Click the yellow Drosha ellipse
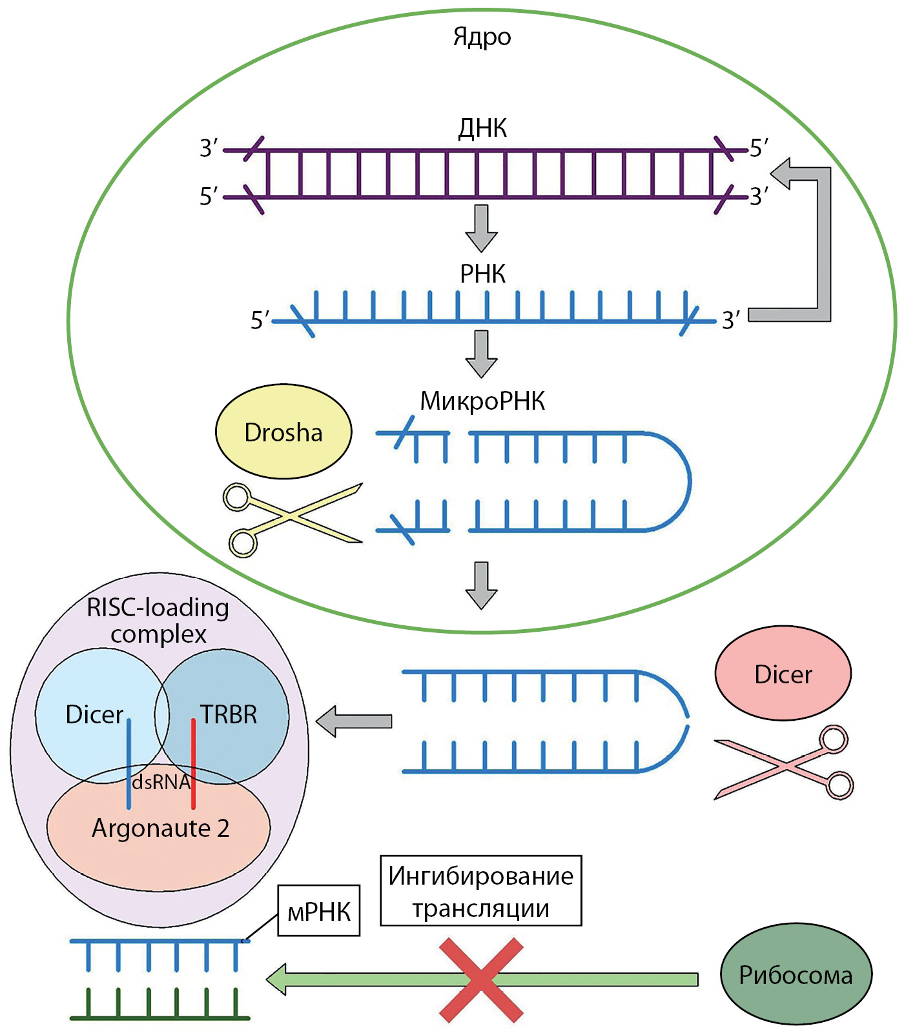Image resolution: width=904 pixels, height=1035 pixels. click(283, 432)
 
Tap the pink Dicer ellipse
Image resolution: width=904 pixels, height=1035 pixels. click(783, 674)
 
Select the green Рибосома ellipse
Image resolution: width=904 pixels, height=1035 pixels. click(796, 974)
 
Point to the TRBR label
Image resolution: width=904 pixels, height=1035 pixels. click(229, 714)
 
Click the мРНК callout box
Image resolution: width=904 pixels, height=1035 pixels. click(318, 911)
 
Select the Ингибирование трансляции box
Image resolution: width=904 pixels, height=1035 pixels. click(480, 891)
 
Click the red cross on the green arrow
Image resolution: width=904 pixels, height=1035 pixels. click(481, 980)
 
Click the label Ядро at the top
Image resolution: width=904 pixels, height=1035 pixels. click(482, 37)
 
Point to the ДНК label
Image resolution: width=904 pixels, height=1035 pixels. click(482, 128)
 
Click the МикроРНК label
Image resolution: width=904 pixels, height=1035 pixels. click(482, 401)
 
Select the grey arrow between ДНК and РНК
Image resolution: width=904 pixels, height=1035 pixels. click(481, 228)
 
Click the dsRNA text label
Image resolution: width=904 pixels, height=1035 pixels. click(161, 782)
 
